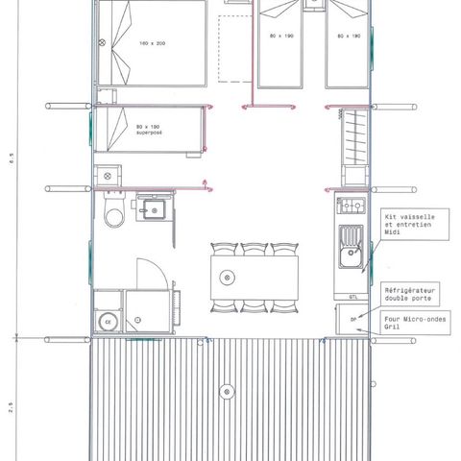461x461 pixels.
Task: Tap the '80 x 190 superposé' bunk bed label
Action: [149, 131]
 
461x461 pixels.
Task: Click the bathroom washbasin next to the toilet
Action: [152, 208]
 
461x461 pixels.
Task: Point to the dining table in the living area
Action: [255, 278]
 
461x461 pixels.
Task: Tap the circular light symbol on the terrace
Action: [226, 391]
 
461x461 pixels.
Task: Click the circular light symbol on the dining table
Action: [227, 278]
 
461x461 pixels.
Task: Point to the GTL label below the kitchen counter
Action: [353, 297]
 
